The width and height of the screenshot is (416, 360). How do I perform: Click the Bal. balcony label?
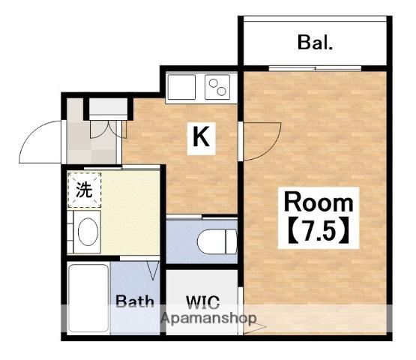(315, 43)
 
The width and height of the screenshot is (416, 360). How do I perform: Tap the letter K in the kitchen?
(201, 137)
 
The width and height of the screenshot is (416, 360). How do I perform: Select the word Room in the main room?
(319, 202)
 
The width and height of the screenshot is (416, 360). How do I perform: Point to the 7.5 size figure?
(319, 230)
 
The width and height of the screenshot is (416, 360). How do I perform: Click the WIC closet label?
(203, 302)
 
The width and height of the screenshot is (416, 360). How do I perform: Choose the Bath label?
(135, 301)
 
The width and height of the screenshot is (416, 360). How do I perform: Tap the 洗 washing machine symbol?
(85, 190)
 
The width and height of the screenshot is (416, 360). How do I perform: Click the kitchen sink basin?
(181, 87)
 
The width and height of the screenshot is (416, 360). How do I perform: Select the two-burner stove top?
(217, 87)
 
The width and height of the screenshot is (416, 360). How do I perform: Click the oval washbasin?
(88, 232)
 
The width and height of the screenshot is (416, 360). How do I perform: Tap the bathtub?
(88, 298)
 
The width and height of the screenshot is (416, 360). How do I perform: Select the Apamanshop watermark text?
(208, 318)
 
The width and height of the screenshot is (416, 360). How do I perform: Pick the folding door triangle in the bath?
(153, 270)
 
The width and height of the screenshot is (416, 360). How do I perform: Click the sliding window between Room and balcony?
(315, 68)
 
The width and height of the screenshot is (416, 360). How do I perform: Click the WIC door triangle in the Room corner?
(253, 328)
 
